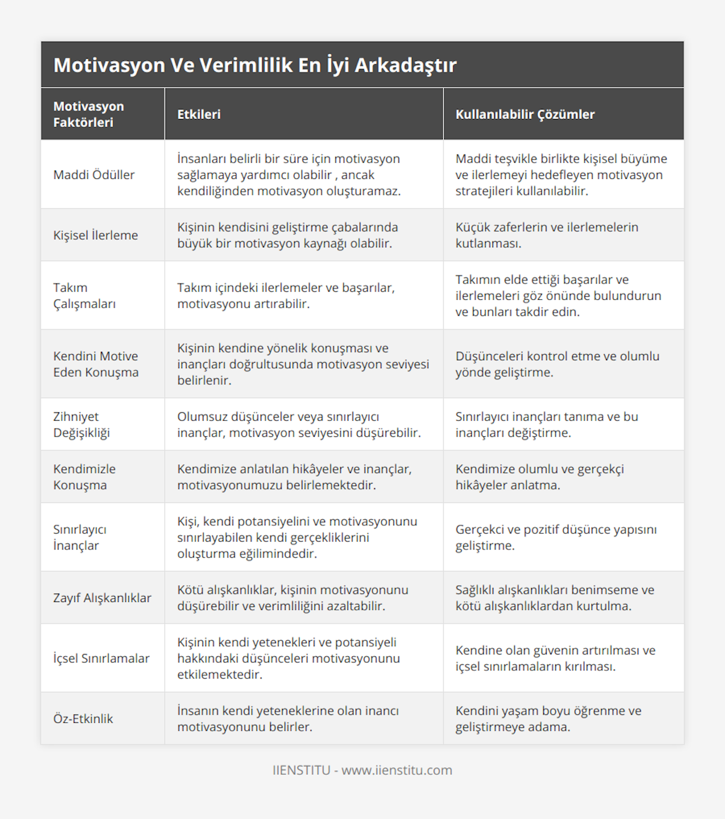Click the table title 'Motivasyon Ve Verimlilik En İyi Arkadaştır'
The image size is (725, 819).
pyautogui.click(x=255, y=65)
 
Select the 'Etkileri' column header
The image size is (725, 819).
pyautogui.click(x=199, y=114)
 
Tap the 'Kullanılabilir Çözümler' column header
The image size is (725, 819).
pyautogui.click(x=524, y=114)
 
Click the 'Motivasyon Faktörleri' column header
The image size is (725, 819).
pyautogui.click(x=89, y=114)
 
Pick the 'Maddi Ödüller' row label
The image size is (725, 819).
pyautogui.click(x=94, y=175)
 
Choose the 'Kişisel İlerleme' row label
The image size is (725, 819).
pyautogui.click(x=95, y=235)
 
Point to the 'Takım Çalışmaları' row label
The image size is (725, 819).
pyautogui.click(x=85, y=296)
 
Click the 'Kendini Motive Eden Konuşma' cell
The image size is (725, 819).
pyautogui.click(x=95, y=364)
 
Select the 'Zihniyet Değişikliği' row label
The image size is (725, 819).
pyautogui.click(x=82, y=424)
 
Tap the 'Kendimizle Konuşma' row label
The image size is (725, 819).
pyautogui.click(x=85, y=477)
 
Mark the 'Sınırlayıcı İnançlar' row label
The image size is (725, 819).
pyautogui.click(x=80, y=537)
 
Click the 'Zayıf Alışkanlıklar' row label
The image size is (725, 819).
pyautogui.click(x=102, y=598)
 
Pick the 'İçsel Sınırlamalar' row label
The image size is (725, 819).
pyautogui.click(x=101, y=658)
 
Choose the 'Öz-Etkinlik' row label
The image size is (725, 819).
pyautogui.click(x=83, y=719)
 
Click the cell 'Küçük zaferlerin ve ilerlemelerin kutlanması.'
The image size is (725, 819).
pyautogui.click(x=547, y=235)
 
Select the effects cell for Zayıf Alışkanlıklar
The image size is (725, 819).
pyautogui.click(x=292, y=598)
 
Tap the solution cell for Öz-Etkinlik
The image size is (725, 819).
pyautogui.click(x=548, y=719)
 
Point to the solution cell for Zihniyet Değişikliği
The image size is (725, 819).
pyautogui.click(x=546, y=424)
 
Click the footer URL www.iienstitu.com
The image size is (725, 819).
pyautogui.click(x=396, y=770)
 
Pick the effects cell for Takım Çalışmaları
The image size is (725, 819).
pyautogui.click(x=286, y=296)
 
